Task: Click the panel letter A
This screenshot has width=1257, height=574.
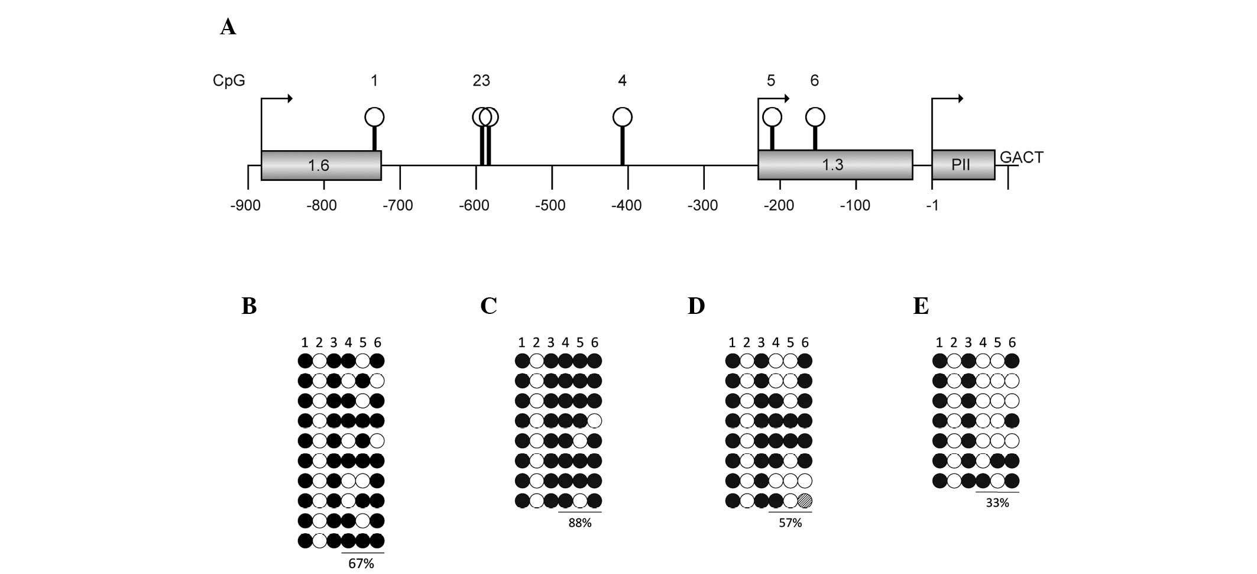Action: pyautogui.click(x=228, y=27)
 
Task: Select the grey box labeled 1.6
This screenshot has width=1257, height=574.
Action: pyautogui.click(x=320, y=165)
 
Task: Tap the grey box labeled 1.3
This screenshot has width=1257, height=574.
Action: pyautogui.click(x=834, y=164)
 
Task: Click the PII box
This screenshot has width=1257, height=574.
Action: pyautogui.click(x=962, y=164)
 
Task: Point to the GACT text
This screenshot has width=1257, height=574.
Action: pyautogui.click(x=1021, y=157)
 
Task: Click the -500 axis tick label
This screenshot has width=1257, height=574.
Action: pyautogui.click(x=550, y=206)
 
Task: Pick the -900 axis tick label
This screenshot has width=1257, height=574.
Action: pyautogui.click(x=245, y=206)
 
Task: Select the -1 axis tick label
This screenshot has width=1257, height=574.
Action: pyautogui.click(x=932, y=206)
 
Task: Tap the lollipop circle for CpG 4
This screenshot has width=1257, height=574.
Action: pyautogui.click(x=622, y=117)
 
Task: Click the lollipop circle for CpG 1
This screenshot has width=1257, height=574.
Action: pyautogui.click(x=374, y=117)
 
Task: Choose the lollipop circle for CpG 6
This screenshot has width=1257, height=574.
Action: pyautogui.click(x=815, y=117)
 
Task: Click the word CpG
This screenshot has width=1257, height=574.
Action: pyautogui.click(x=229, y=80)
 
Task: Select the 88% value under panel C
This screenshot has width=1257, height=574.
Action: pyautogui.click(x=579, y=523)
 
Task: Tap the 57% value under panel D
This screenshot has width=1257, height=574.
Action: pyautogui.click(x=790, y=523)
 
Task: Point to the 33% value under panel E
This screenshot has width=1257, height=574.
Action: pyautogui.click(x=997, y=503)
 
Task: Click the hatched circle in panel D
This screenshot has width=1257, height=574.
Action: pyautogui.click(x=805, y=501)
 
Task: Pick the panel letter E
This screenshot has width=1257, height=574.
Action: pyautogui.click(x=921, y=306)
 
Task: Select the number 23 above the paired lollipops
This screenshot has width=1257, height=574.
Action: pyautogui.click(x=481, y=80)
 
